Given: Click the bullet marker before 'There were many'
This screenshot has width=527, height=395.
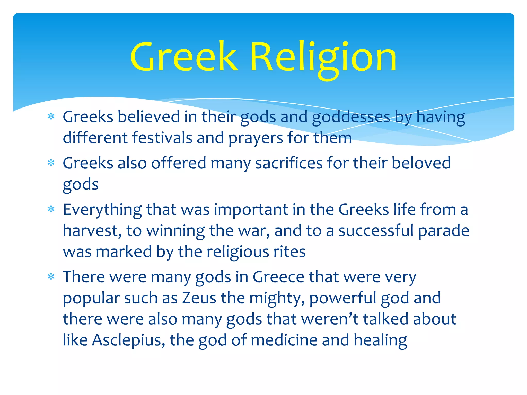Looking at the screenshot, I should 51,277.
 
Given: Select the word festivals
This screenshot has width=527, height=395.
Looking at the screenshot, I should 162,138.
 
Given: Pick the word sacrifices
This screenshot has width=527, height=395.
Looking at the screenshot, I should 289,163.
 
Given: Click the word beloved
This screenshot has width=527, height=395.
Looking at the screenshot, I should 421,163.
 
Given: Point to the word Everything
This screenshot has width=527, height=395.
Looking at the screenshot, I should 102,210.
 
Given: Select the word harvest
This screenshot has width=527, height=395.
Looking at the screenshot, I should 92,231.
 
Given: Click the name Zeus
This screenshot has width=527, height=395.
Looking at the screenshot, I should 199,298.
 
